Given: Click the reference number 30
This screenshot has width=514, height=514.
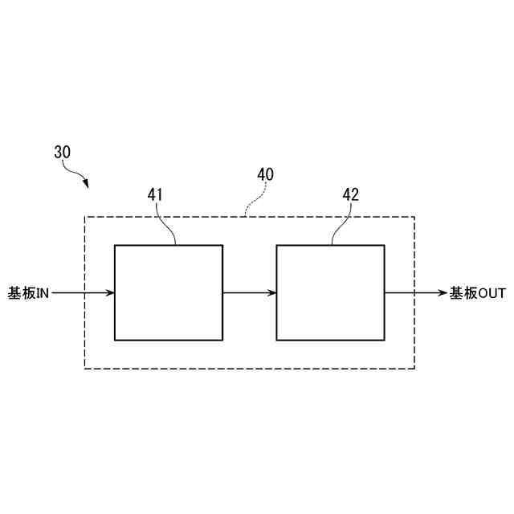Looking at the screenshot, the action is [63, 151].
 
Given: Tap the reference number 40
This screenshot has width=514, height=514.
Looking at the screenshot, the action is [265, 173].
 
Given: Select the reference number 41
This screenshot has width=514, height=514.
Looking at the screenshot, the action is [156, 194].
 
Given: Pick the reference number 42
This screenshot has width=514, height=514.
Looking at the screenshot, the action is [350, 194].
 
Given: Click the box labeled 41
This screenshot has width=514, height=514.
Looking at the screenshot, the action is [169, 292].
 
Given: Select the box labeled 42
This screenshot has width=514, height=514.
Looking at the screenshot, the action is [330, 292].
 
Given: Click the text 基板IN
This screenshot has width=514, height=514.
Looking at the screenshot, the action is [29, 293].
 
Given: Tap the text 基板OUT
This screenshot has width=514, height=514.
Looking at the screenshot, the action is [477, 293].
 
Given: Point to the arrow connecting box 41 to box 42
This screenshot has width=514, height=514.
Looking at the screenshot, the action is [249, 292].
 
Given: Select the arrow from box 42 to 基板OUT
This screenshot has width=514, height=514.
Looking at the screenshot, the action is [414, 292].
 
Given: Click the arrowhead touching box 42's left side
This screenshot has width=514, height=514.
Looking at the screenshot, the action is [271, 292].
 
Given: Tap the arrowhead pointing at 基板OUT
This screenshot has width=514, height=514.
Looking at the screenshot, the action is [441, 292].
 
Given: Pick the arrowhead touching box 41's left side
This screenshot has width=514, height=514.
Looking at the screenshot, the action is [110, 292].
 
